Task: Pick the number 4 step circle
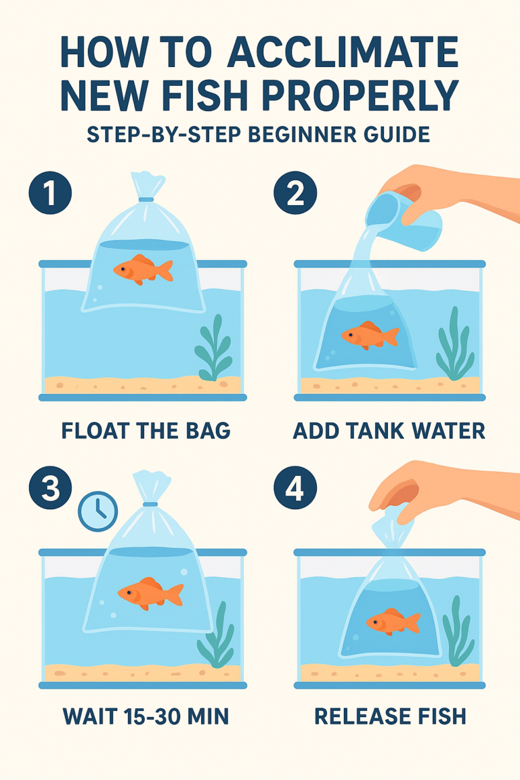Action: pos(295,488)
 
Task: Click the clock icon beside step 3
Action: pos(98,511)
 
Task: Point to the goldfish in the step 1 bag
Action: pos(143,269)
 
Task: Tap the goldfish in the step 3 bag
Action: pos(150,592)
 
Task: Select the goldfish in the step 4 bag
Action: pos(393,621)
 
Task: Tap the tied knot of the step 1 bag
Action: pos(147,198)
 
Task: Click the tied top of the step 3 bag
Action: pos(150,503)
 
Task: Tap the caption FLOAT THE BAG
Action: pos(146,431)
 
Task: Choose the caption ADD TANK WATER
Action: pos(389,431)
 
